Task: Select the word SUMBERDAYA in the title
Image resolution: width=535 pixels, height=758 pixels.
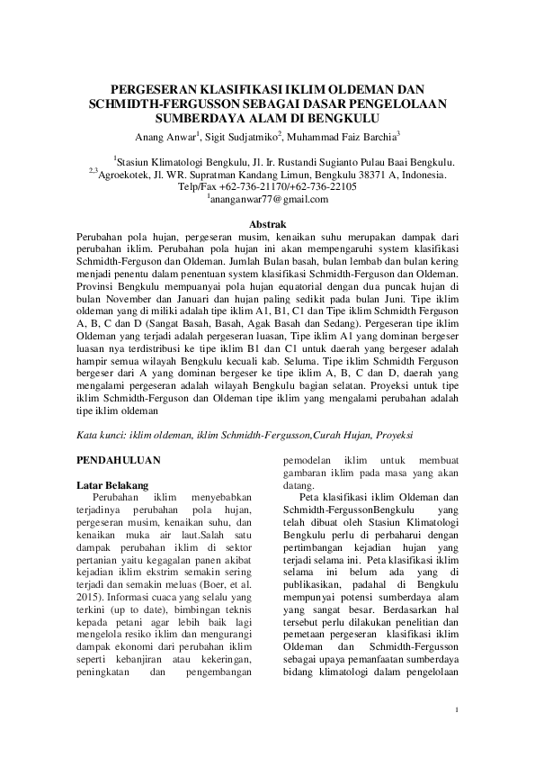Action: tap(201, 117)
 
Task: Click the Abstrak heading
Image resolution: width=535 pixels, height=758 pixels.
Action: tap(266, 223)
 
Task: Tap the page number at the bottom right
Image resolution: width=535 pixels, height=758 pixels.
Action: tap(457, 710)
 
